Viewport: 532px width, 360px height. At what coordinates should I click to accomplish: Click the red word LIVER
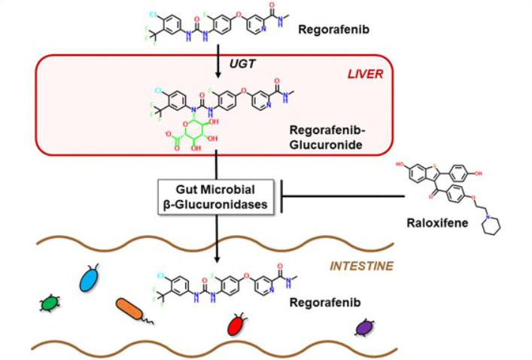click(364, 74)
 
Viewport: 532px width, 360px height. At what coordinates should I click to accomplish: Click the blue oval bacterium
click(90, 279)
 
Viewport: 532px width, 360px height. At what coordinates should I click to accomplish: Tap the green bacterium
click(50, 303)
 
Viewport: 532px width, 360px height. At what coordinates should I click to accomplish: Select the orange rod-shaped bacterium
click(132, 310)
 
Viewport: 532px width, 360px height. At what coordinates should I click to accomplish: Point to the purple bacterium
click(364, 328)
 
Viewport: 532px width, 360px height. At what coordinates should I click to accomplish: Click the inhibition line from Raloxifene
click(342, 198)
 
